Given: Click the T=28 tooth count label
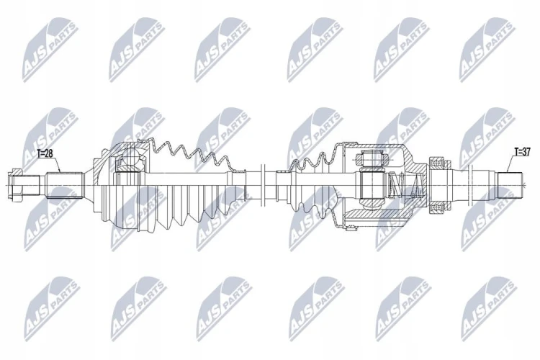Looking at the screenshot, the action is pyautogui.click(x=45, y=153).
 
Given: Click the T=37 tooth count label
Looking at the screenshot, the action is pyautogui.click(x=523, y=151).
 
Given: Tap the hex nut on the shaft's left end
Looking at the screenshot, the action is pyautogui.click(x=16, y=185).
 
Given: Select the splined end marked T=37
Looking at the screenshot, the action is pyautogui.click(x=510, y=185).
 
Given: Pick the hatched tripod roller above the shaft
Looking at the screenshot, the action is pyautogui.click(x=372, y=159).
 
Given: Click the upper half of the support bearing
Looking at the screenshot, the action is pyautogui.click(x=440, y=163).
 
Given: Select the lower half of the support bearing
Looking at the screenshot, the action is pyautogui.click(x=440, y=208).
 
